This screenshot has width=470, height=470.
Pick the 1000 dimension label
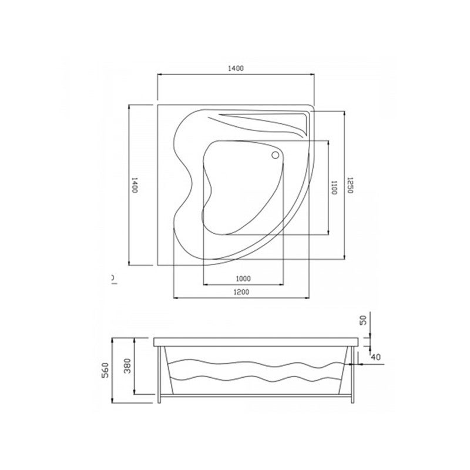243,278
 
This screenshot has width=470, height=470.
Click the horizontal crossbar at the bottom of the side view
256,395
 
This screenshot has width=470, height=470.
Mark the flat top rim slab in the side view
256,341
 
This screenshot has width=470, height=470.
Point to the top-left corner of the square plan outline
157,105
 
